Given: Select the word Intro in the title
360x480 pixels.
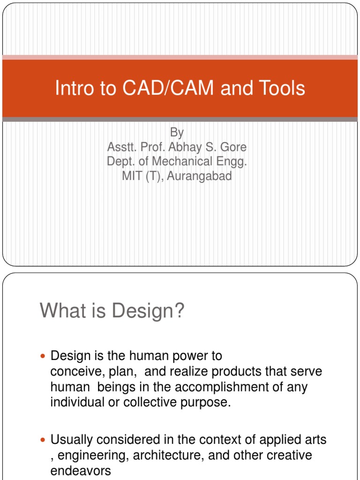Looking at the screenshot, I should point(71,89).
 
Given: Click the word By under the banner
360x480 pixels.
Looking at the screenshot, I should point(176,132).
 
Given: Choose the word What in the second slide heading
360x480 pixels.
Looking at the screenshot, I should point(60,311).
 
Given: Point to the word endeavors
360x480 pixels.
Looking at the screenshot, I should point(81,471).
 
